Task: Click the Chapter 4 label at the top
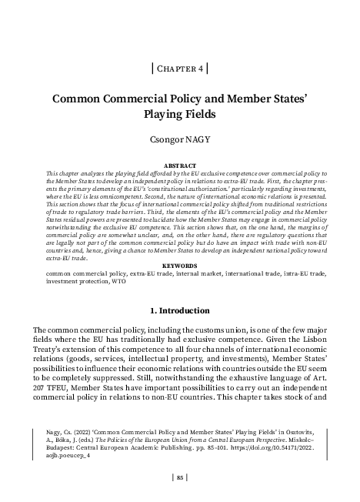coord(180,68)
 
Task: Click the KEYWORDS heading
coord(180,266)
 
